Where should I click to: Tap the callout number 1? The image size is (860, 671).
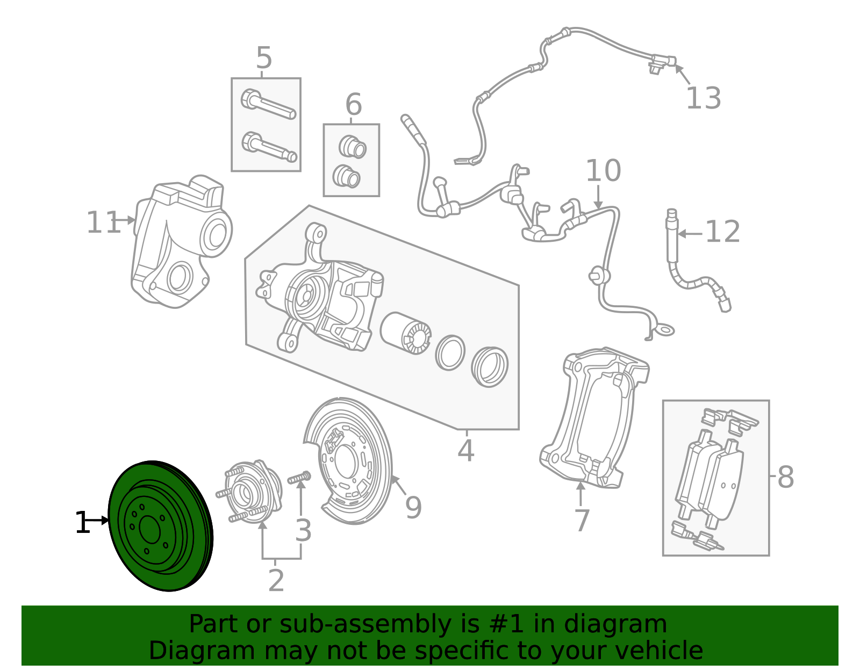coord(82,523)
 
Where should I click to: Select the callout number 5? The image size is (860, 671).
coord(264,58)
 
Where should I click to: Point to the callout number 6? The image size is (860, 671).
coord(353,105)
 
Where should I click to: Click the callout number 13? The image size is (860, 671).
coord(703,99)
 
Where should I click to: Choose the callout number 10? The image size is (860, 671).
coord(603,171)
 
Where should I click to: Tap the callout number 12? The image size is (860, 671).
coord(722,232)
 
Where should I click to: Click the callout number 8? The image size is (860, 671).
coord(785,477)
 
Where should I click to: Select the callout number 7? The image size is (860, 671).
coord(582,521)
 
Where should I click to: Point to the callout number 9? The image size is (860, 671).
coord(413,508)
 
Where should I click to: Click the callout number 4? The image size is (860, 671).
coord(465,451)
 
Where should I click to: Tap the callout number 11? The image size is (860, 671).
coord(103,222)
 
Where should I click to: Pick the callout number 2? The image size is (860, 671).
coord(276,581)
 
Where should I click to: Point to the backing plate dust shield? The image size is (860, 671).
coord(349,462)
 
